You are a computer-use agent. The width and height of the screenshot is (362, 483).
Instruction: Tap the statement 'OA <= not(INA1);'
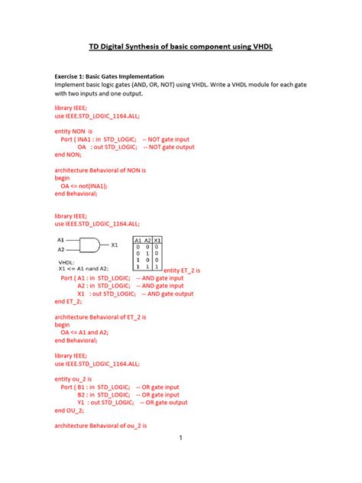click(84, 185)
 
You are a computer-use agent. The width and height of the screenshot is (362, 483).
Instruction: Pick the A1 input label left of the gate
click(61, 239)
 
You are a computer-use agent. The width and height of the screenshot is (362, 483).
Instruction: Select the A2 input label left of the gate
click(61, 250)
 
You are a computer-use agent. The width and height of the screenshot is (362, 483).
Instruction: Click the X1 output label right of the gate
click(115, 245)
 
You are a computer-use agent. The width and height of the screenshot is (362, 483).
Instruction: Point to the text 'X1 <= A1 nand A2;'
click(84, 268)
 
